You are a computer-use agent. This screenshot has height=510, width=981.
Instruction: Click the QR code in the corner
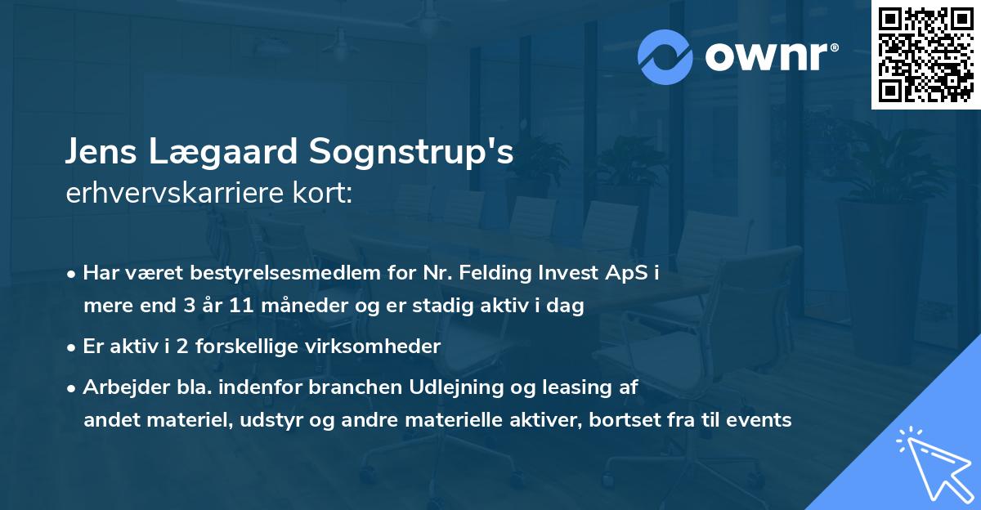coord(925,54)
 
